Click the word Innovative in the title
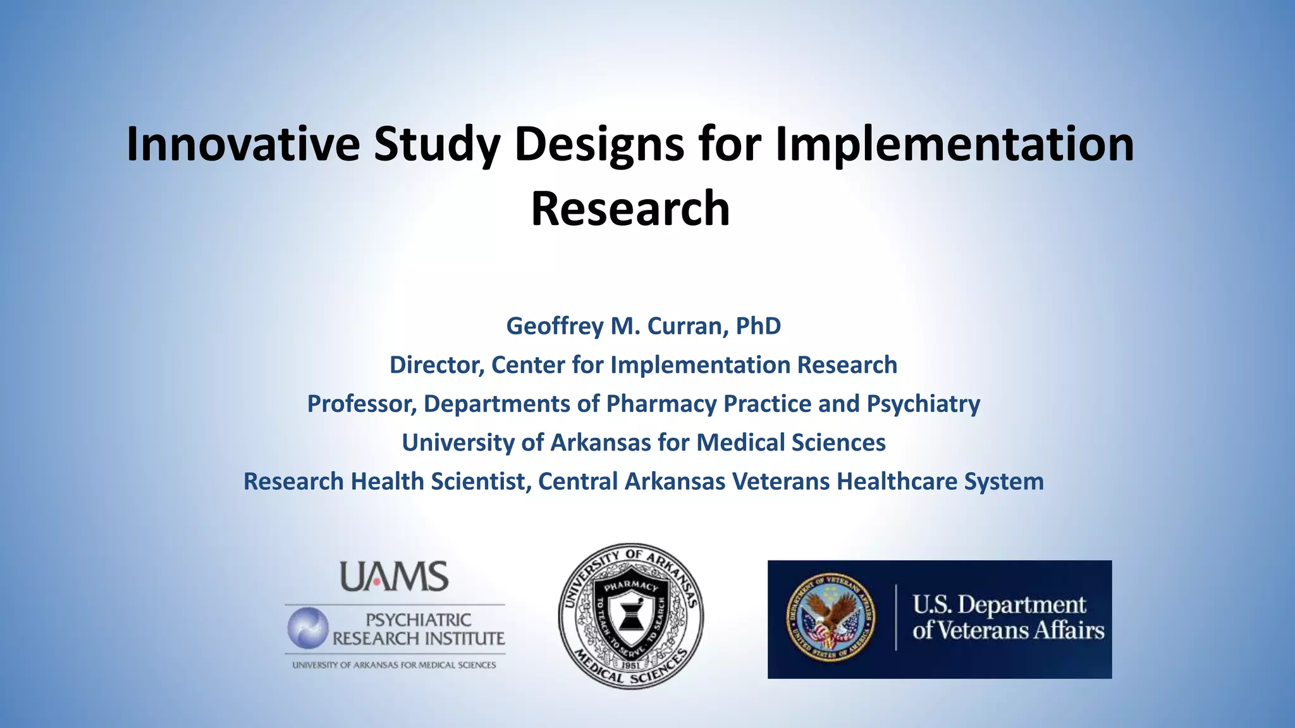click(x=243, y=144)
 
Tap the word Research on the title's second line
click(x=630, y=209)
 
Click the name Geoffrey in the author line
click(x=555, y=326)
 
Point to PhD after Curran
click(x=758, y=326)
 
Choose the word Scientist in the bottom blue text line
click(x=479, y=482)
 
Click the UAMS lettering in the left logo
click(x=395, y=577)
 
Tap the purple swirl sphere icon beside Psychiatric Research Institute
click(x=308, y=628)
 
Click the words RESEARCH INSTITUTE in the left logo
click(x=419, y=639)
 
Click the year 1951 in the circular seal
click(x=630, y=665)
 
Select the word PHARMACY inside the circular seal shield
click(x=630, y=586)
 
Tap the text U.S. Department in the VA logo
click(x=998, y=605)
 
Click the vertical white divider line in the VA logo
click(x=896, y=617)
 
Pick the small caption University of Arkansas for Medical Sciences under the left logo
click(x=394, y=665)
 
